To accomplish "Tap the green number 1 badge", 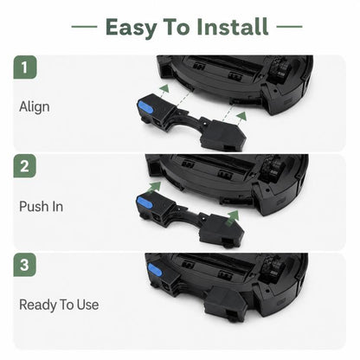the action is (x=25, y=67).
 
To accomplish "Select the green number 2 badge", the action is (x=25, y=166).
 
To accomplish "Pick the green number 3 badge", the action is (x=25, y=265).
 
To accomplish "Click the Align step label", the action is (x=35, y=107).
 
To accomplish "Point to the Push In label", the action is (x=41, y=207).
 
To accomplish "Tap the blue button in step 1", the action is (x=145, y=107).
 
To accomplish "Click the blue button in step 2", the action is (x=145, y=202).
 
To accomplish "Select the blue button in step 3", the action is (x=155, y=271).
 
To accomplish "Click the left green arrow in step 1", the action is (x=164, y=88).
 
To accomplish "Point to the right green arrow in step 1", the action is (x=241, y=116).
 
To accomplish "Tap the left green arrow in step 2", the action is (x=154, y=187).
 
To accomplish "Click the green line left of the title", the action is (x=84, y=27).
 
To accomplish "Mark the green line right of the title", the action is (x=289, y=27).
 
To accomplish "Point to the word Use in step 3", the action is (x=87, y=305).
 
